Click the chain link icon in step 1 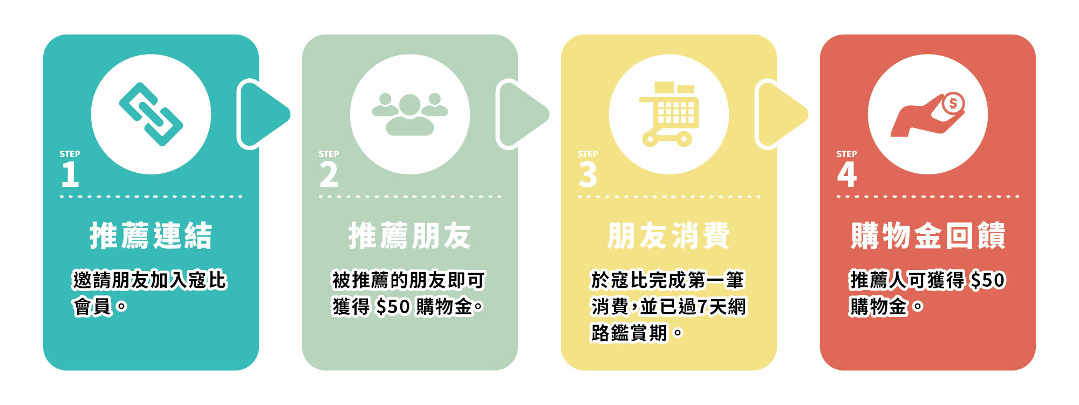coord(151,114)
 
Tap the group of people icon coord(410,114)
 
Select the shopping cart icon coord(669,114)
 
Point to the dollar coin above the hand coord(953,103)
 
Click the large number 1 coord(70,175)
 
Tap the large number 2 coord(329,175)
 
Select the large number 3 coord(588,175)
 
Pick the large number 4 coord(846,175)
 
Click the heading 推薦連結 coord(151,236)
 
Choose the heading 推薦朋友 coord(410,236)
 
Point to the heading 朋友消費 coord(669,236)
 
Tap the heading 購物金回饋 coord(928,236)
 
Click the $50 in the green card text coord(393,307)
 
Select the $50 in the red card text coord(988,280)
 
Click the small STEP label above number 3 coord(588,154)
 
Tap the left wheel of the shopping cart coord(650,140)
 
